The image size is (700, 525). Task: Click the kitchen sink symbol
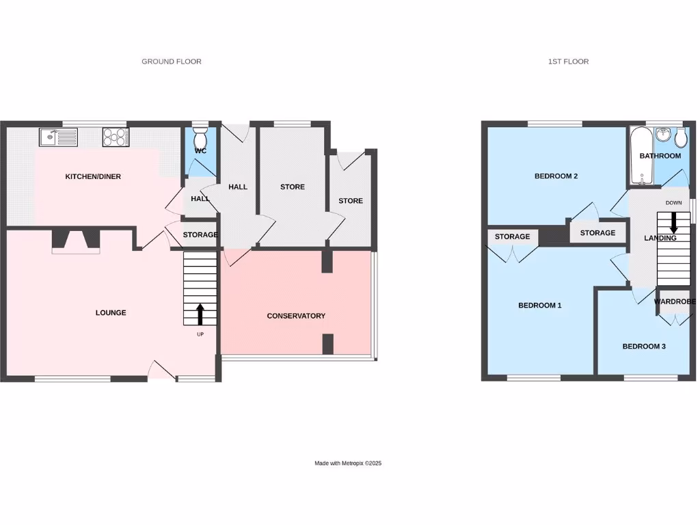pos(57,137)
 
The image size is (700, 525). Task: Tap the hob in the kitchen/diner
pos(116,137)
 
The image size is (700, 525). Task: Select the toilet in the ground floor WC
pos(200,131)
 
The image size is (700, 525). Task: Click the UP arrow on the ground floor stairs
pos(200,314)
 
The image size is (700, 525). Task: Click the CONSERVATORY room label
pos(296,316)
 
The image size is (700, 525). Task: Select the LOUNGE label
pos(111,313)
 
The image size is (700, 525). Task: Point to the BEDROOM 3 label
pos(644,347)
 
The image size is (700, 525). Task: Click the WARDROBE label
pos(675,301)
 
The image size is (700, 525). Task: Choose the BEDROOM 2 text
pos(556,176)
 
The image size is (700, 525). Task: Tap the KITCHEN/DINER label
pos(93,177)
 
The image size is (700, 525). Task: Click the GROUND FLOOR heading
pos(172,62)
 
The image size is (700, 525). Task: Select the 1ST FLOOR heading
pos(568,62)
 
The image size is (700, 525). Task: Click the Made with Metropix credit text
pos(348,463)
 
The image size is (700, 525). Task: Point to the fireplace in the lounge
pos(76,241)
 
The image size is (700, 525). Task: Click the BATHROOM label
pos(660,156)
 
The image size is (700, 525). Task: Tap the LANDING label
pos(660,239)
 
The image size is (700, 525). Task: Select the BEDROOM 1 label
pos(539,306)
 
